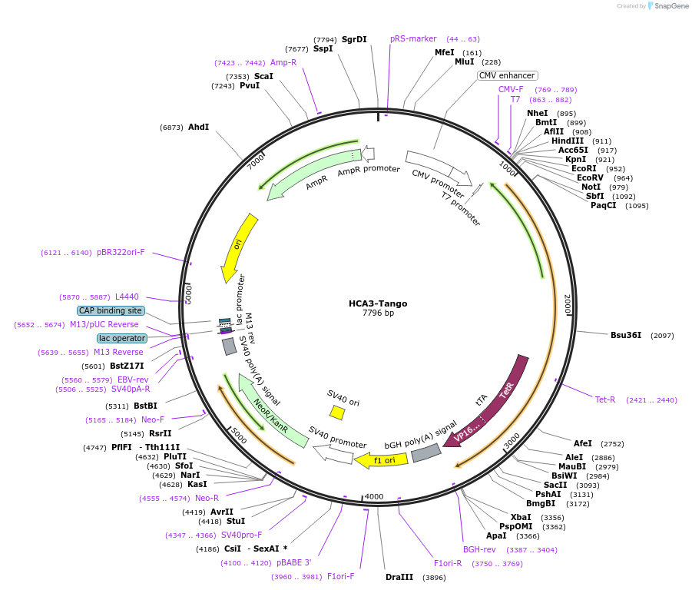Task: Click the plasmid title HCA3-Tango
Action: pyautogui.click(x=378, y=303)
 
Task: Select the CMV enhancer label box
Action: pyautogui.click(x=507, y=75)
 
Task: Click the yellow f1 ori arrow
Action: pyautogui.click(x=381, y=460)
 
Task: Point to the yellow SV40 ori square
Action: pyautogui.click(x=337, y=413)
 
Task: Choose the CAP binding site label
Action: pyautogui.click(x=110, y=310)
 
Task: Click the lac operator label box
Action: pyautogui.click(x=121, y=338)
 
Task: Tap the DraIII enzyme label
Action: pyautogui.click(x=399, y=577)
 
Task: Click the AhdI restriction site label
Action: pyautogui.click(x=198, y=127)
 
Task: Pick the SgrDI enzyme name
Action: pyautogui.click(x=354, y=39)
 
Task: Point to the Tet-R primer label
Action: pyautogui.click(x=605, y=399)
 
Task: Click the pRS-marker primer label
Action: pyautogui.click(x=413, y=38)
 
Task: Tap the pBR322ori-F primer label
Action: pyautogui.click(x=121, y=252)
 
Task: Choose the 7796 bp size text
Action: pyautogui.click(x=378, y=313)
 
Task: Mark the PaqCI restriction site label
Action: pyautogui.click(x=604, y=205)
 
